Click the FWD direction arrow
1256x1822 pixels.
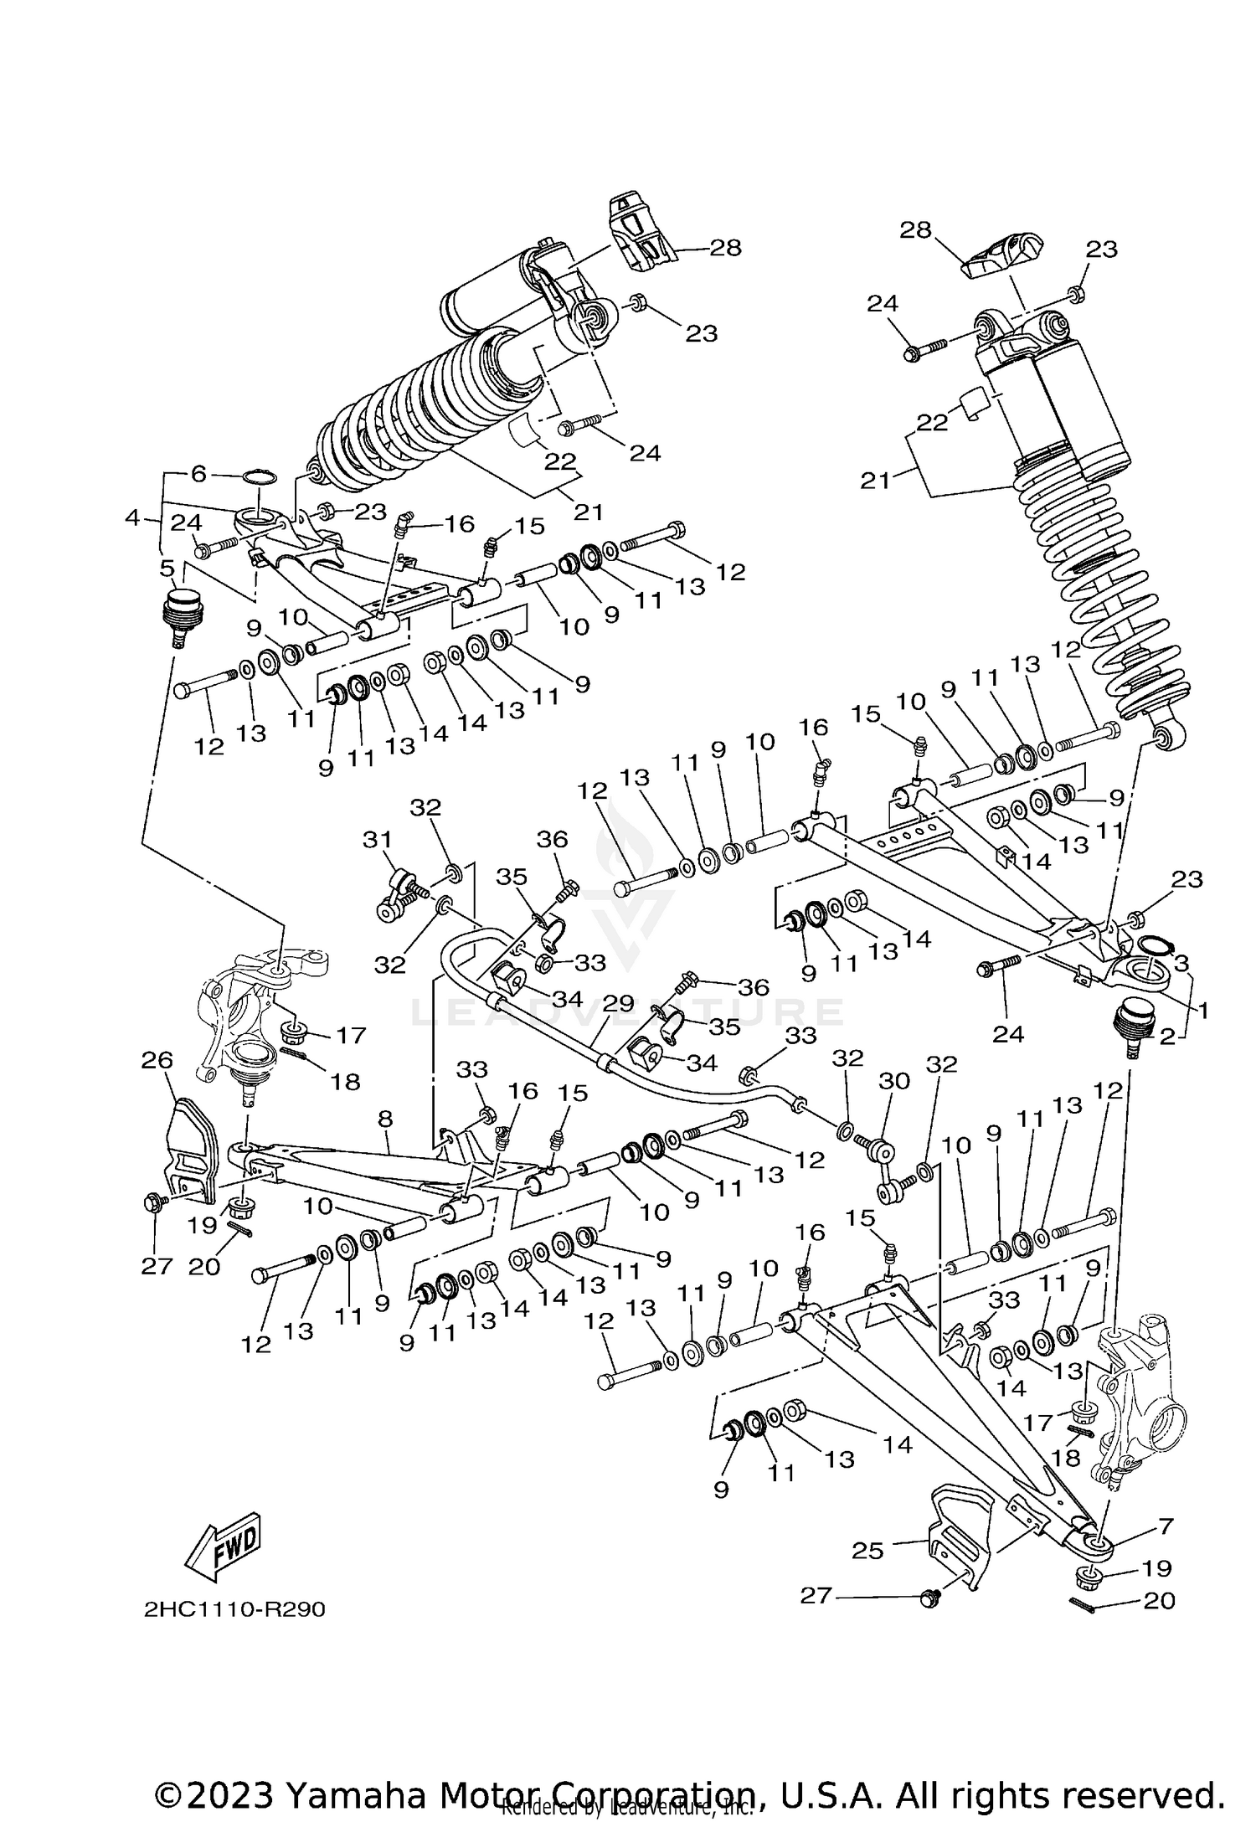coord(223,1541)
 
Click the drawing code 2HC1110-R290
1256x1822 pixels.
coord(234,1609)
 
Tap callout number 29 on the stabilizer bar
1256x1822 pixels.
coord(618,1003)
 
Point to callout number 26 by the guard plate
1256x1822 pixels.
coord(157,1060)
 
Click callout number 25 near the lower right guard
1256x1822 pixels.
coord(867,1551)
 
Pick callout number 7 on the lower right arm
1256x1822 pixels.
coord(1165,1525)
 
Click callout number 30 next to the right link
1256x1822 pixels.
coord(893,1081)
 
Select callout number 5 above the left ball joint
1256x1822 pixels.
coord(166,569)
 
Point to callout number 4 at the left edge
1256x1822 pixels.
coord(132,518)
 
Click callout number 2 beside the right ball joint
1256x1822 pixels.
coord(1168,1037)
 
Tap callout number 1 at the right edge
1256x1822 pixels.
coord(1202,1011)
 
